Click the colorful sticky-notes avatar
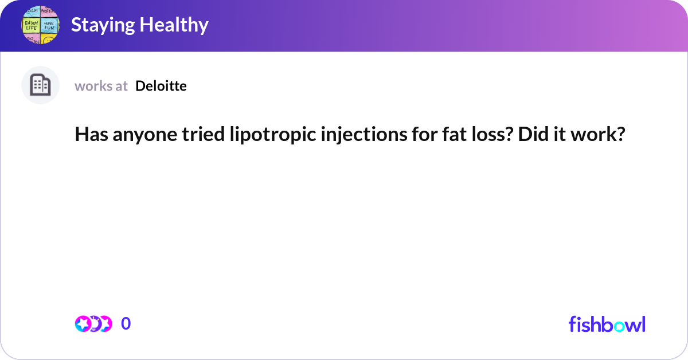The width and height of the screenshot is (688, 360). point(40,25)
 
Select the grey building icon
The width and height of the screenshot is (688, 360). point(40,85)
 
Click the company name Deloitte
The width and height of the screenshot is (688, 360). point(161,86)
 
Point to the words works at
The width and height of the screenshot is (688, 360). point(101,86)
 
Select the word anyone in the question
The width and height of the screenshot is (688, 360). point(131,135)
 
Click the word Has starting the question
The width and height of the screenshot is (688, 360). point(88,135)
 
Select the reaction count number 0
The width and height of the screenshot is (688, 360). point(126,324)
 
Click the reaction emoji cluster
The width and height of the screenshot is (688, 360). point(93,324)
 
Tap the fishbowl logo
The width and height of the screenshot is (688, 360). point(607,324)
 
